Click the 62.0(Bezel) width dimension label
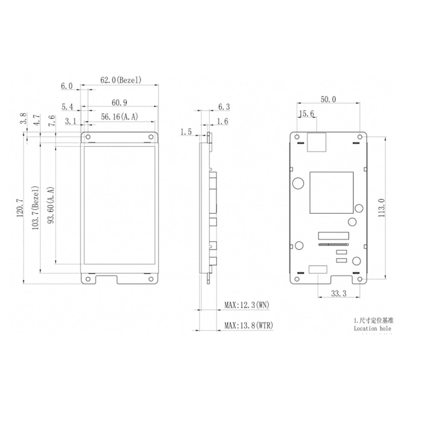(x=120, y=80)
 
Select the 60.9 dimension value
(x=120, y=102)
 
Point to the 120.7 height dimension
(x=19, y=208)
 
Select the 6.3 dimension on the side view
(x=224, y=106)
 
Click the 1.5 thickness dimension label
(x=186, y=132)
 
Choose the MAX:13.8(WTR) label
(x=249, y=326)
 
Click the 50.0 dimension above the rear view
(x=328, y=99)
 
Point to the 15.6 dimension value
(x=307, y=114)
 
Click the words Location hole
(x=372, y=328)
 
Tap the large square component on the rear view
(x=331, y=193)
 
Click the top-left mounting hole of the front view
(x=88, y=137)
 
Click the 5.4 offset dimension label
(x=67, y=106)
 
